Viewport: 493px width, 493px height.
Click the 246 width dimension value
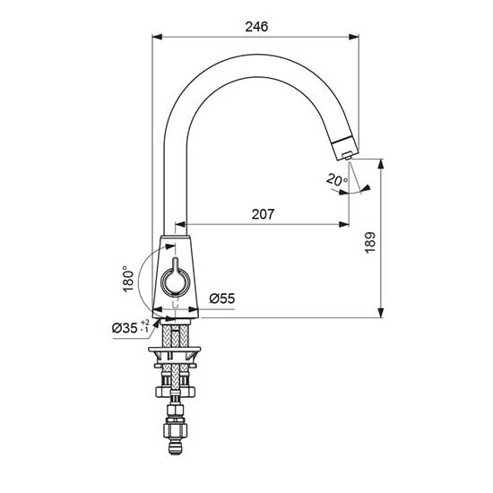pyautogui.click(x=256, y=27)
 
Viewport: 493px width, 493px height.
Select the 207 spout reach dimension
pyautogui.click(x=263, y=214)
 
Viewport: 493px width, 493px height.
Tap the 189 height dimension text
pyautogui.click(x=370, y=242)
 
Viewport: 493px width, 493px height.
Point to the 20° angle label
pyautogui.click(x=337, y=179)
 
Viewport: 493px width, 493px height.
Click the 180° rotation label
pyautogui.click(x=128, y=279)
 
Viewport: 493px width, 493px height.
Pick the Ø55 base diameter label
pyautogui.click(x=222, y=298)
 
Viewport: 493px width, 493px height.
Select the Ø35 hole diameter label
pyautogui.click(x=125, y=328)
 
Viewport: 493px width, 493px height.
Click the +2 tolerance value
pyautogui.click(x=145, y=323)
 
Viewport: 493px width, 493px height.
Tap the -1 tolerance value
pyautogui.click(x=145, y=330)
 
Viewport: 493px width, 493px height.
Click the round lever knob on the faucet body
pyautogui.click(x=175, y=281)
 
